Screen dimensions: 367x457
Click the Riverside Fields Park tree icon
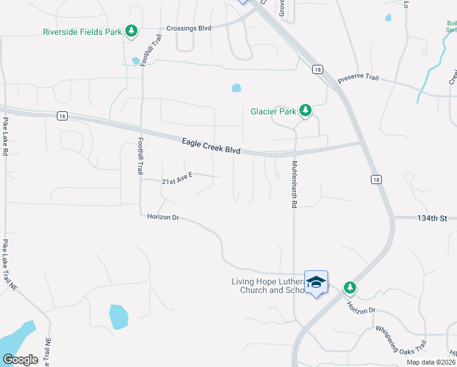tap(130, 31)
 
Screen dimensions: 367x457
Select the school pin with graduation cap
tap(316, 282)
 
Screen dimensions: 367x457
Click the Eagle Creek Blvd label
tap(211, 146)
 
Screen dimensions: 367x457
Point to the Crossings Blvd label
tap(189, 28)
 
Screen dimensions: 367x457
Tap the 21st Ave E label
tap(177, 179)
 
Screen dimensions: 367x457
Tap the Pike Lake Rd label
tap(5, 136)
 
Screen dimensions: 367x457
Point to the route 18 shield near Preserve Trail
tap(316, 70)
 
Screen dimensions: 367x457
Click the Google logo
tap(20, 359)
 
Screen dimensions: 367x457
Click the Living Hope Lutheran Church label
tap(268, 286)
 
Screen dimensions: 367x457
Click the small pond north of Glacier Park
tap(236, 88)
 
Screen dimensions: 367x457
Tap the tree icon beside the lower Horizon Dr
tap(349, 287)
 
